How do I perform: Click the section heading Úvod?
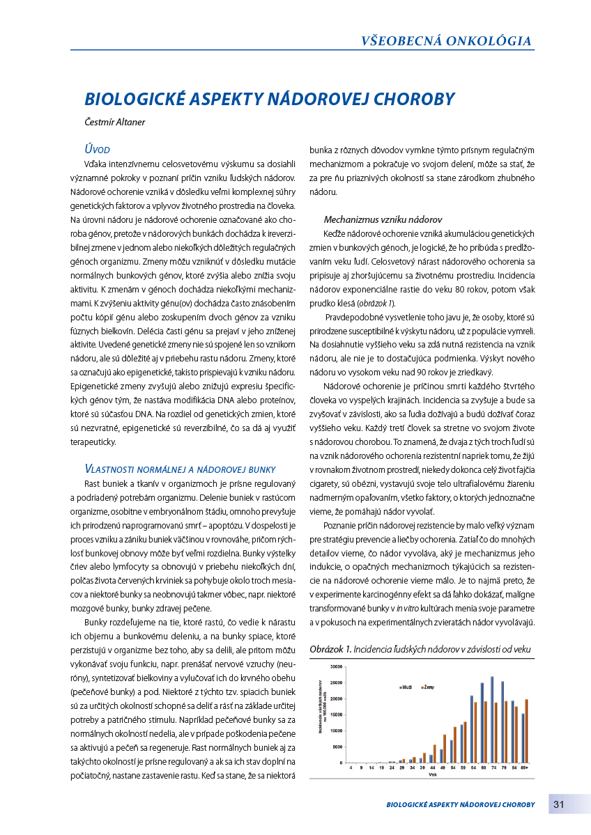tap(97, 149)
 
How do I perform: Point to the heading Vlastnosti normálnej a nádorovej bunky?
tap(180, 469)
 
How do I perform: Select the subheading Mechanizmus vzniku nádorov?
tap(383, 219)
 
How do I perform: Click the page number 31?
tap(559, 804)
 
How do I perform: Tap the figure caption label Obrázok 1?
tap(330, 649)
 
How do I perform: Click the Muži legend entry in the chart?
tap(406, 687)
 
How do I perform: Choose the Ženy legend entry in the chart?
tap(427, 687)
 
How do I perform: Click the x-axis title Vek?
tap(433, 774)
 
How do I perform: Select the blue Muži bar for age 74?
tap(492, 719)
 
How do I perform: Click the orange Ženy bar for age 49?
tap(445, 749)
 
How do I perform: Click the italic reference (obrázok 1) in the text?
tap(376, 303)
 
